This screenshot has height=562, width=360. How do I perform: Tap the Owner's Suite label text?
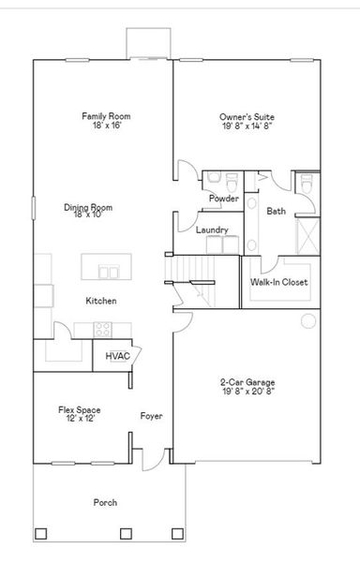coord(247,121)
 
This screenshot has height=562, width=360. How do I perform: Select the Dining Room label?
coord(88,211)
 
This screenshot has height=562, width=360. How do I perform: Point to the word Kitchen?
coord(101,301)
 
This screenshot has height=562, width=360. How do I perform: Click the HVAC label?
coord(117,356)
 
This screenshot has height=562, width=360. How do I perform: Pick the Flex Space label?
coord(80,414)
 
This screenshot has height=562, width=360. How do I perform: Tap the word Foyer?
coord(152,415)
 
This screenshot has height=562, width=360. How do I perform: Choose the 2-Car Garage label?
coord(247,387)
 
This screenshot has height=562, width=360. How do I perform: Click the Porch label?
coord(105,503)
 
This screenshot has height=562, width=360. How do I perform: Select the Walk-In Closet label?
coord(278,282)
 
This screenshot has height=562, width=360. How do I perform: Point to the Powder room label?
coord(223,199)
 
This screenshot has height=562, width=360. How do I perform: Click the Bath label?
coord(276,211)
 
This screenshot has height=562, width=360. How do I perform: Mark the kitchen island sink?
coord(109,272)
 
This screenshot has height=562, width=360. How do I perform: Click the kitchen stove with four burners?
coord(102,329)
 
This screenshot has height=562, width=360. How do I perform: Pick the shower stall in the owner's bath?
coord(307,234)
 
